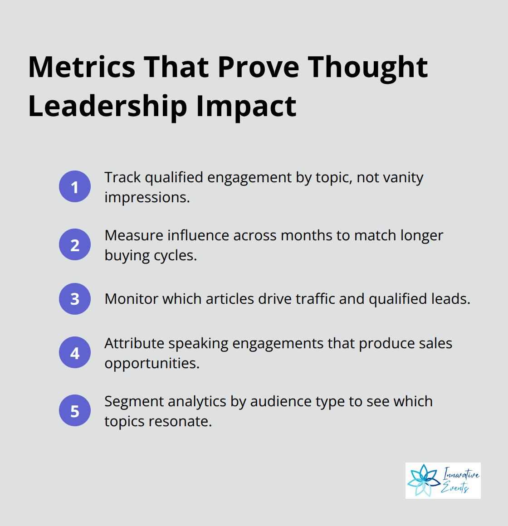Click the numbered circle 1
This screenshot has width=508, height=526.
click(x=75, y=186)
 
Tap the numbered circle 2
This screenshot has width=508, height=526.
click(x=75, y=244)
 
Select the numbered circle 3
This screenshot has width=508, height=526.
click(x=75, y=299)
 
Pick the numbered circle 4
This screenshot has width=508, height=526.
click(x=75, y=352)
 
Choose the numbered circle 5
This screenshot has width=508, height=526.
click(x=75, y=410)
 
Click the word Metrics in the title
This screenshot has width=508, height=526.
click(x=82, y=67)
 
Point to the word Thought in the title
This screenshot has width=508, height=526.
click(x=368, y=67)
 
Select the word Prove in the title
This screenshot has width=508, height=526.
click(x=259, y=67)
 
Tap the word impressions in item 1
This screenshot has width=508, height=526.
click(x=147, y=198)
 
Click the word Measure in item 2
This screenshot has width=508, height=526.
click(x=134, y=235)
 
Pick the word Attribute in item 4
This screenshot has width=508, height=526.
click(x=135, y=343)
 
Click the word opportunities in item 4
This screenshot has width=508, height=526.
click(x=151, y=364)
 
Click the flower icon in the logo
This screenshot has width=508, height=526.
click(x=422, y=481)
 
